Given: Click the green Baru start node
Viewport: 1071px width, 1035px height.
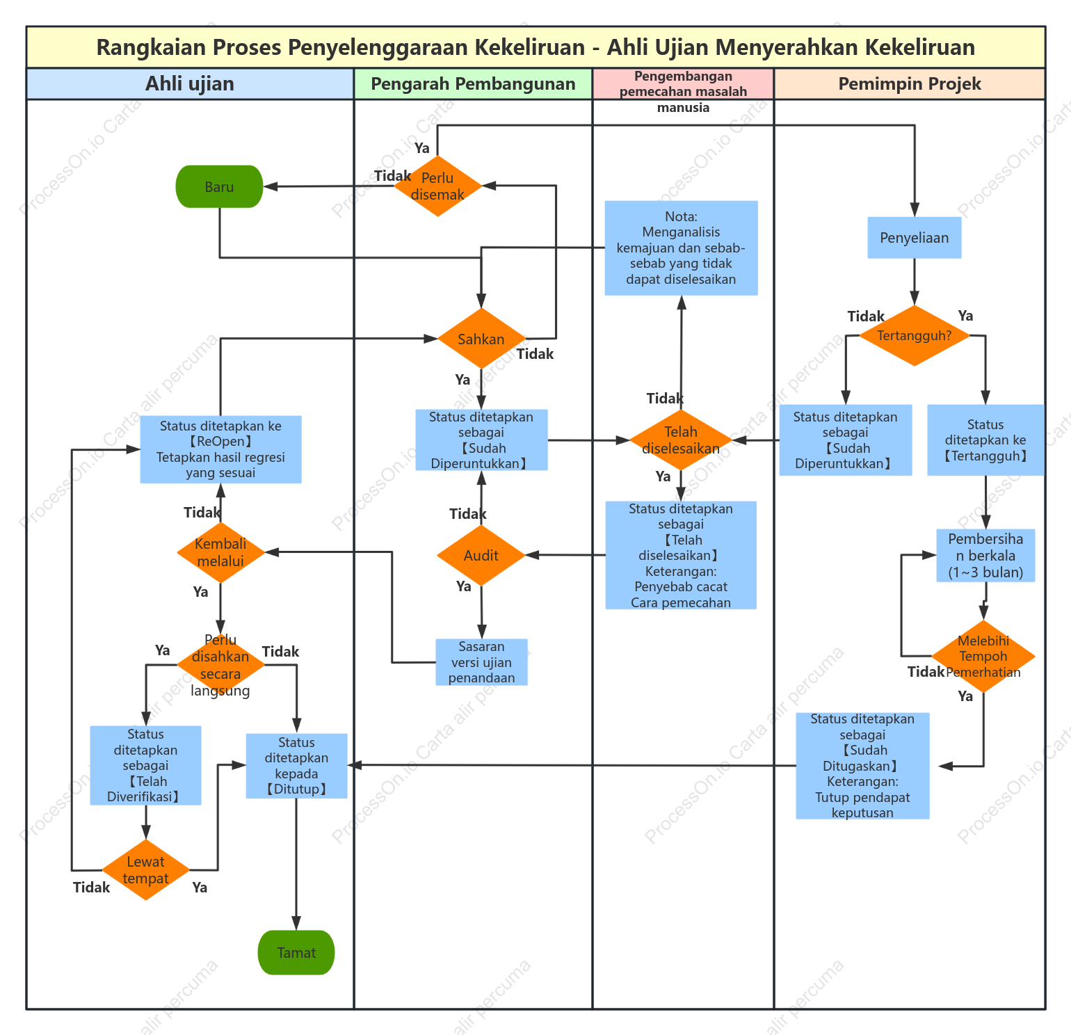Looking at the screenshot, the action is click(220, 186).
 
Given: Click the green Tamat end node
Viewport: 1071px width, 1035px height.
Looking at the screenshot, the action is click(296, 952).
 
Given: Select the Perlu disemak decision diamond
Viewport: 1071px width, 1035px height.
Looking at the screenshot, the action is click(437, 186).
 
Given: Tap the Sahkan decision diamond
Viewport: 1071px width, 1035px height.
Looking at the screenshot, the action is click(481, 339).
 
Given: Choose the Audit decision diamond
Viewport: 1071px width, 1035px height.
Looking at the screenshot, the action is click(481, 555).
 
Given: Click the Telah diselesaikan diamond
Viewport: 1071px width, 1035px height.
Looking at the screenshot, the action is click(681, 440).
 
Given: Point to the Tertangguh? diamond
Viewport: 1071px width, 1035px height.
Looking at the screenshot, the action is click(915, 335).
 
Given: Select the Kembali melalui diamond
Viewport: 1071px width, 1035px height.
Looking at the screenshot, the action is click(220, 552).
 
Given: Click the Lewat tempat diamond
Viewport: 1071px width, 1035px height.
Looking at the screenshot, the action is click(146, 869).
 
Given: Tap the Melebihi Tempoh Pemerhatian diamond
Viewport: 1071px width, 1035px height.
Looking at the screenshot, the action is click(983, 656).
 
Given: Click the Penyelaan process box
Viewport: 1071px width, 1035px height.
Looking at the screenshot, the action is click(915, 238).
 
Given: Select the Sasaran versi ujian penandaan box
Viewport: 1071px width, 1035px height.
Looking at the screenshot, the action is click(481, 662).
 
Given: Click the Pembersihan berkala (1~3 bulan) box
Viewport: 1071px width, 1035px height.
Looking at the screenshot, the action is click(986, 555).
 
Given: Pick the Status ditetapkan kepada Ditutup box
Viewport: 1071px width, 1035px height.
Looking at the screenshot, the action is click(297, 766).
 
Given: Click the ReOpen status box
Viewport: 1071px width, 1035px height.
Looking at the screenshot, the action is click(221, 449).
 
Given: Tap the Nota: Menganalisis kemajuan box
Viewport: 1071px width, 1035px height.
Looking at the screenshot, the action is click(682, 248).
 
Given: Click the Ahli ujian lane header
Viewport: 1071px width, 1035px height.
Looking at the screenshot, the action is click(190, 83).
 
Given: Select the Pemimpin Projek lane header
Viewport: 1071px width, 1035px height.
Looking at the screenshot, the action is click(910, 83).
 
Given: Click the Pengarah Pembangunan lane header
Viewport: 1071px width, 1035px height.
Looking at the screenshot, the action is click(473, 83).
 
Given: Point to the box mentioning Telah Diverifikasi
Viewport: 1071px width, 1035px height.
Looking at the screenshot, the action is click(145, 765).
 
